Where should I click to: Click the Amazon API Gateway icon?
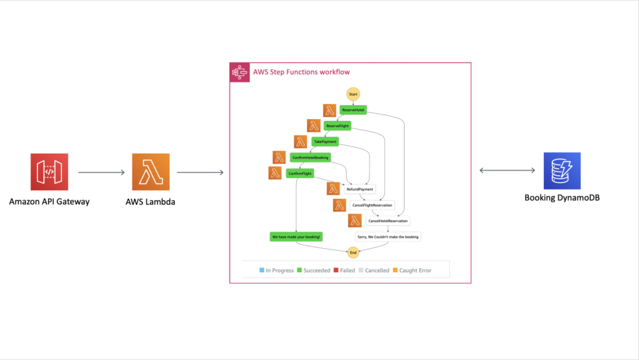pyautogui.click(x=49, y=172)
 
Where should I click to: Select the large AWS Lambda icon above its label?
pyautogui.click(x=150, y=172)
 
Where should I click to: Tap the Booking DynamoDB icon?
pyautogui.click(x=562, y=171)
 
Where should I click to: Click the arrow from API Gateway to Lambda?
pyautogui.click(x=101, y=172)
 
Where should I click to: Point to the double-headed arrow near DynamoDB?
pyautogui.click(x=507, y=171)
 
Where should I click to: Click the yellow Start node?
pyautogui.click(x=353, y=94)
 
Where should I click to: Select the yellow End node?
pyautogui.click(x=353, y=253)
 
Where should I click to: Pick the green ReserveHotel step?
pyautogui.click(x=353, y=110)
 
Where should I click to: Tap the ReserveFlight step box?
pyautogui.click(x=337, y=126)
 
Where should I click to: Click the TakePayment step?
pyautogui.click(x=325, y=142)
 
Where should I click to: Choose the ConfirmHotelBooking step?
pyautogui.click(x=310, y=158)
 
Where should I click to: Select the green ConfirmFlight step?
pyautogui.click(x=300, y=173)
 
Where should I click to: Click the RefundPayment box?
pyautogui.click(x=360, y=189)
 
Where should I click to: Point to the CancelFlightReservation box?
pyautogui.click(x=372, y=205)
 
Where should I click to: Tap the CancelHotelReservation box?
pyautogui.click(x=387, y=221)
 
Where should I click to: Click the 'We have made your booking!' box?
pyautogui.click(x=296, y=236)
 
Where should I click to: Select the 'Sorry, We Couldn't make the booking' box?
pyautogui.click(x=387, y=236)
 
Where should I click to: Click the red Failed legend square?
pyautogui.click(x=335, y=271)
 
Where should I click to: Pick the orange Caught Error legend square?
pyautogui.click(x=395, y=271)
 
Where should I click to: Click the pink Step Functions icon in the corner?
pyautogui.click(x=240, y=73)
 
